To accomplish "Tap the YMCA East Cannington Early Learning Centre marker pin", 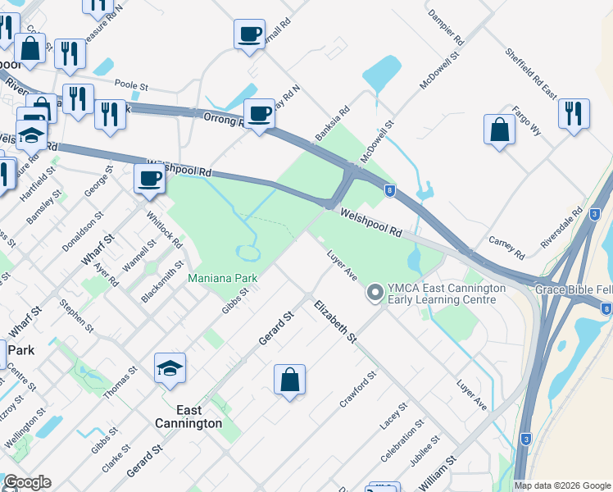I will (x=375, y=292).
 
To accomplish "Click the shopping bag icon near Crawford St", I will (x=289, y=380).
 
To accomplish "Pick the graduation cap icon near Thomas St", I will (x=170, y=369).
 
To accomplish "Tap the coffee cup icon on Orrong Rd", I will (x=260, y=115).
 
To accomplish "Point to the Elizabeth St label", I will (x=336, y=321).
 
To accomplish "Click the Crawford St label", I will (x=358, y=390).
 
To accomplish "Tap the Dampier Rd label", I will (x=447, y=27).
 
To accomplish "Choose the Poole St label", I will (x=130, y=84).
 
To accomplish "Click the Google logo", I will (x=27, y=482).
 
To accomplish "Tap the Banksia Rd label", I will (x=332, y=122).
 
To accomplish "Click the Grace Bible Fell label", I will (x=573, y=290).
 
